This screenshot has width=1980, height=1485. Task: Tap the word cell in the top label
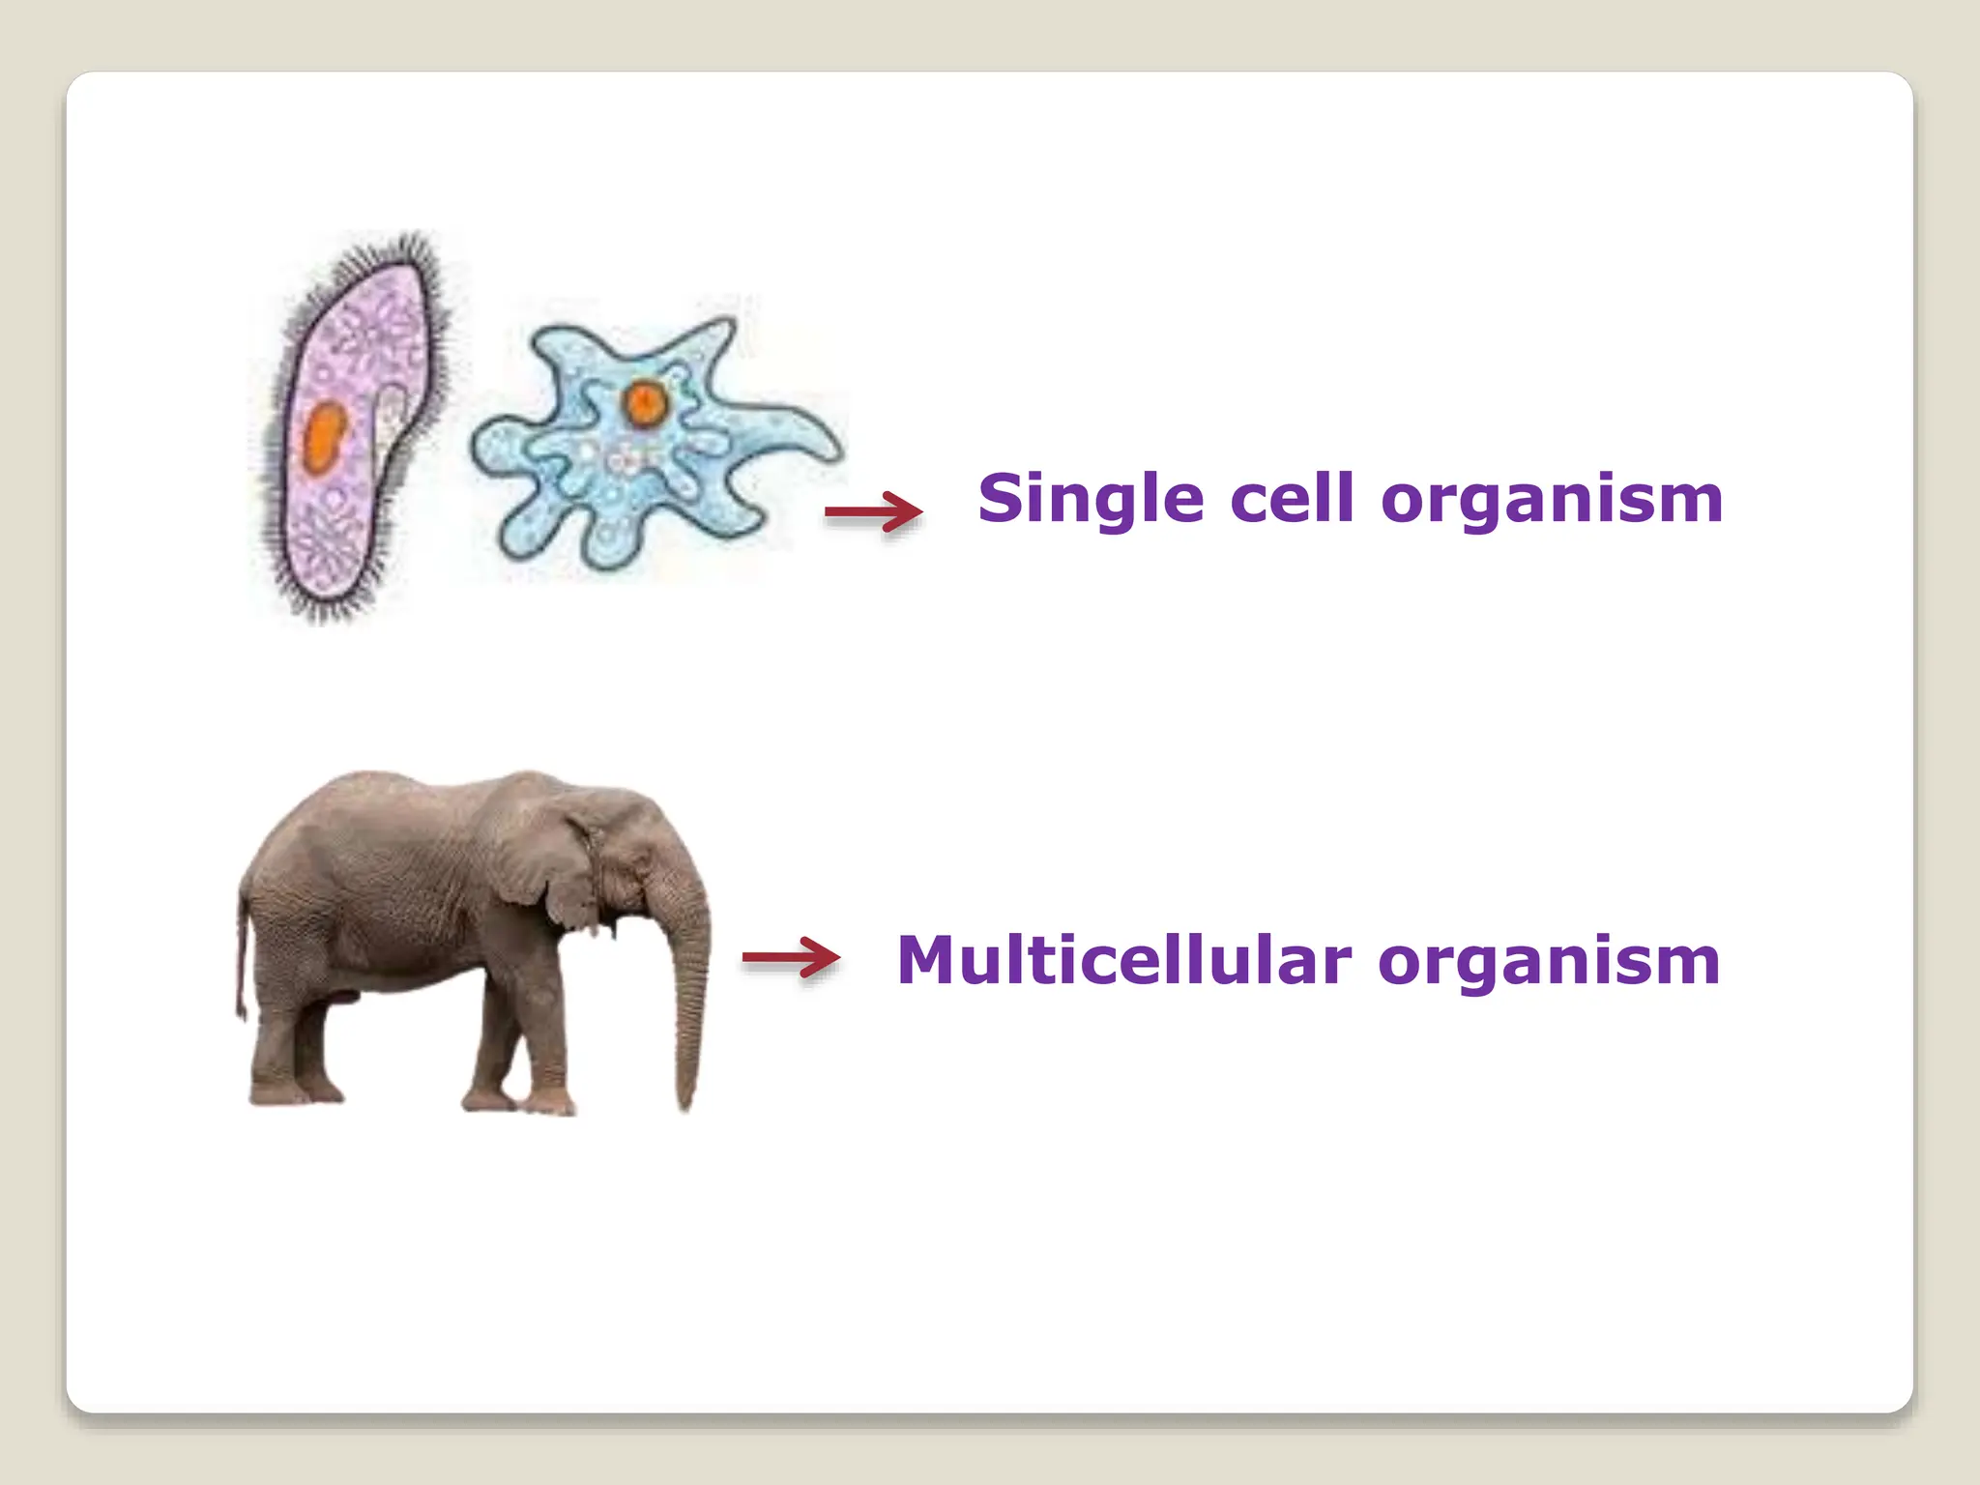tap(1292, 500)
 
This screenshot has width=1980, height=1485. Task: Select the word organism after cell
tap(1552, 500)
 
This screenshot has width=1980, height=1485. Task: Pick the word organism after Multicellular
tap(1549, 961)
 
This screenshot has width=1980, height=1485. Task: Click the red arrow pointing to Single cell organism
tap(873, 511)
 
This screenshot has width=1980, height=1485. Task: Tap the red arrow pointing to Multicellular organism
tap(791, 958)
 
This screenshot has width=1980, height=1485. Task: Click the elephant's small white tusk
tap(611, 930)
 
